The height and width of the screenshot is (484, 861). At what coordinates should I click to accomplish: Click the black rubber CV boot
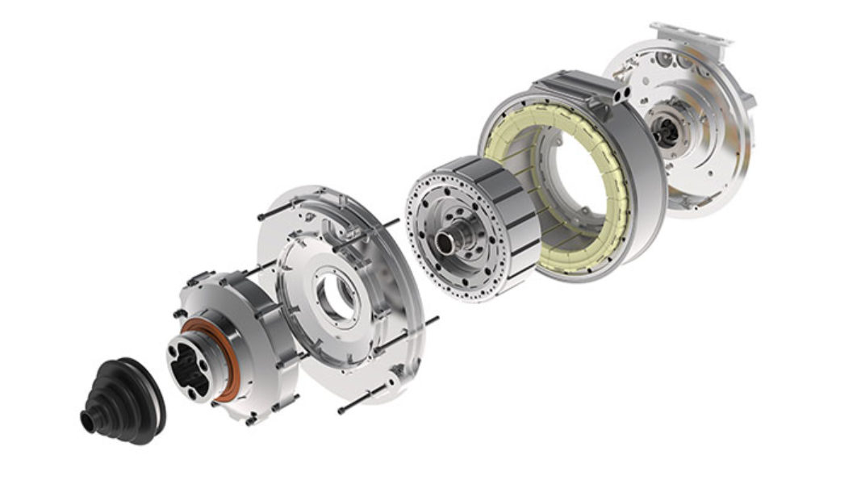[x=125, y=398]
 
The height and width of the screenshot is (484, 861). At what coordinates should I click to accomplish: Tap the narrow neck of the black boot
[x=88, y=421]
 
